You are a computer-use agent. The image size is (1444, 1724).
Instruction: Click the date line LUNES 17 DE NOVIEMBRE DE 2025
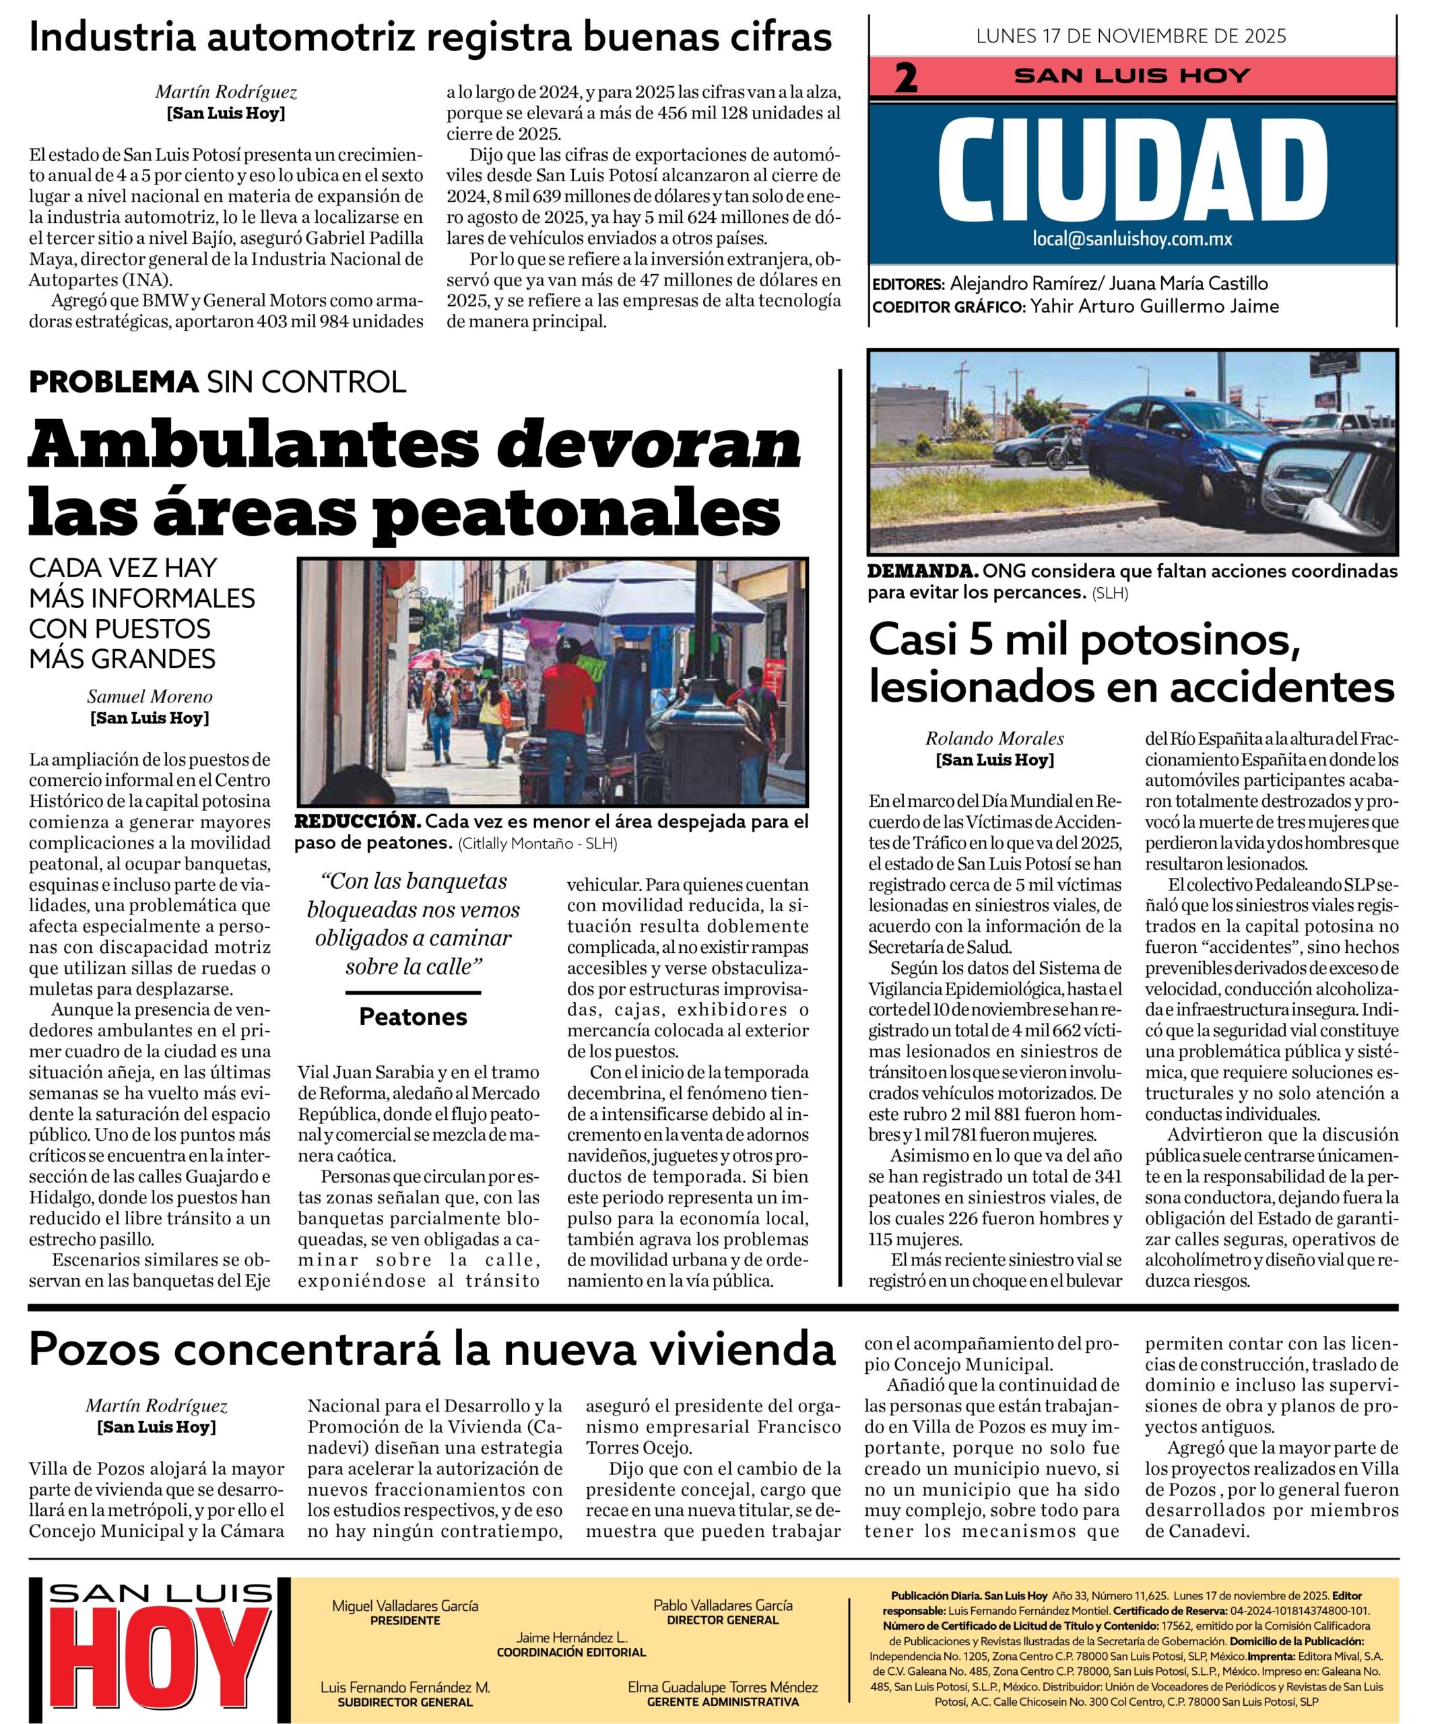pos(1131,36)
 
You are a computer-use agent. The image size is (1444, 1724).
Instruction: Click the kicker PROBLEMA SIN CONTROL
pos(218,382)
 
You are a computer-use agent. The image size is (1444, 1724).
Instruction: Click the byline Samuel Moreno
pos(150,697)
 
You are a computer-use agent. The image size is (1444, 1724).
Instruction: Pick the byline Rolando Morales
pos(994,738)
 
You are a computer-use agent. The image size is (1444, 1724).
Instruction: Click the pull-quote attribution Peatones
pos(413,1017)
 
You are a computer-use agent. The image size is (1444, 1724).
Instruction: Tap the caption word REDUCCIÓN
pos(357,822)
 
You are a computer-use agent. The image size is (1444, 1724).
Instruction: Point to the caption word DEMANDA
pos(922,570)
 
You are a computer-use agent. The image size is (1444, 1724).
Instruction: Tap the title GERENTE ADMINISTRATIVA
pos(723,1702)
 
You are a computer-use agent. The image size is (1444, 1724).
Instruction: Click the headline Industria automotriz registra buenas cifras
pos(430,37)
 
